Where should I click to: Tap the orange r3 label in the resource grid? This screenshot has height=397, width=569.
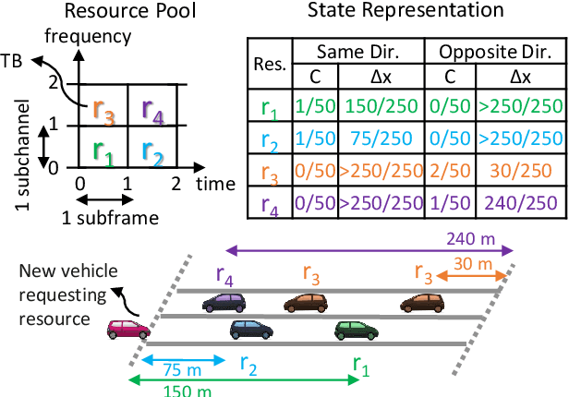coord(103,109)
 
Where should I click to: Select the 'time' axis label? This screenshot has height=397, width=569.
coord(215,184)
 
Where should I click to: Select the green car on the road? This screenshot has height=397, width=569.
coord(355,330)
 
